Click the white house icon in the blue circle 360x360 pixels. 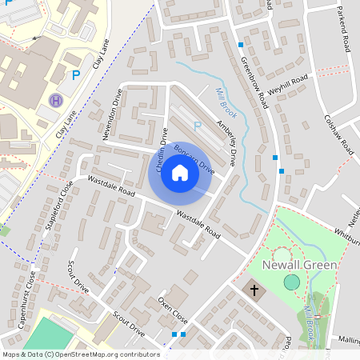coord(180,173)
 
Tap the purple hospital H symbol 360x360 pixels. coord(55,101)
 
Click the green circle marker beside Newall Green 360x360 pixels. coord(292,282)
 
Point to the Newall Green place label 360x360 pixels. coord(300,265)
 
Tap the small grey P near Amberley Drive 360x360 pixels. coord(198,126)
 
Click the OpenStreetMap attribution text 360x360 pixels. coord(80,354)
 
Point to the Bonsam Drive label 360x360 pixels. coord(194,159)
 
